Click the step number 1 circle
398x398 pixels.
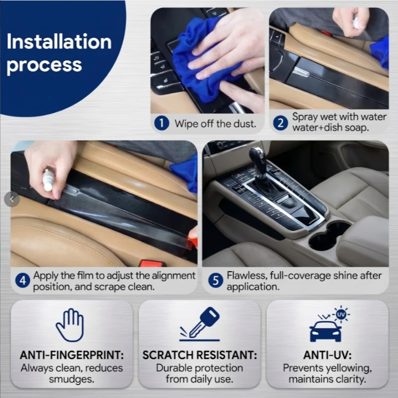[x=162, y=123]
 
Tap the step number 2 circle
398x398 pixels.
[x=280, y=123]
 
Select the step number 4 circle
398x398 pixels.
[x=22, y=281]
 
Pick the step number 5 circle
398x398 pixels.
[x=215, y=281]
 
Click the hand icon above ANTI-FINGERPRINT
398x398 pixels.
[x=70, y=325]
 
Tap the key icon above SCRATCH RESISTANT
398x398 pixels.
[x=199, y=324]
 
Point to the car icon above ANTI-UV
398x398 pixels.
[x=325, y=331]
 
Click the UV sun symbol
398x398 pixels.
[x=341, y=314]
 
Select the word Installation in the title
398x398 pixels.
[x=59, y=41]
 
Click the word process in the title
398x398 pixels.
[x=44, y=66]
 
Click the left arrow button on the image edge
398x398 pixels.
[x=12, y=199]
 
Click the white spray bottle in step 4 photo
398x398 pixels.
[x=47, y=180]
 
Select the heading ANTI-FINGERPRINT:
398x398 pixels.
[x=72, y=355]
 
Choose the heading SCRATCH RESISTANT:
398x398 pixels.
[x=199, y=355]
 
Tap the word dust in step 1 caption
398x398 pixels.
[x=245, y=124]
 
